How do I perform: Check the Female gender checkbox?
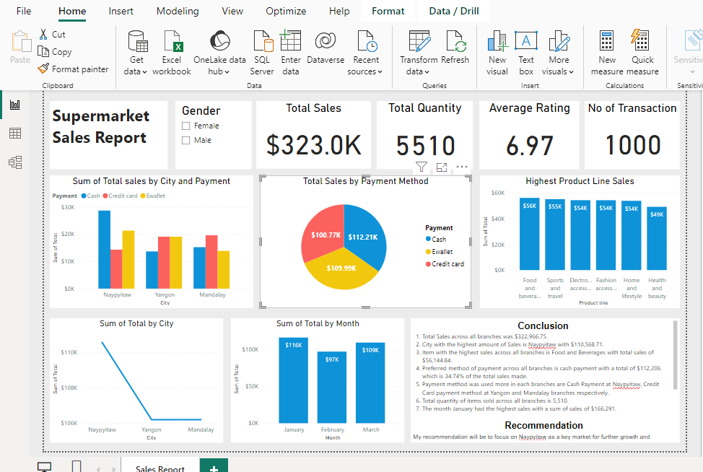[x=186, y=126]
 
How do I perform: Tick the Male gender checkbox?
[x=186, y=140]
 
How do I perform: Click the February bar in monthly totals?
[x=332, y=386]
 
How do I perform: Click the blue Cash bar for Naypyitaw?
[x=105, y=249]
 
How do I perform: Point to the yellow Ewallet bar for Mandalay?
[x=223, y=269]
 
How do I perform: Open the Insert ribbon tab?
[x=121, y=12]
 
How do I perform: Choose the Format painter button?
[x=74, y=69]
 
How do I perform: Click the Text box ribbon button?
[x=526, y=51]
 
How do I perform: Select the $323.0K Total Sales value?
[x=313, y=145]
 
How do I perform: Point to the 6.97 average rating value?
[x=529, y=145]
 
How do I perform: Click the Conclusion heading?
[x=543, y=325]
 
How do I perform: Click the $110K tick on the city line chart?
[x=69, y=352]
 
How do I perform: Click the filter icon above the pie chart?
[x=422, y=167]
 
